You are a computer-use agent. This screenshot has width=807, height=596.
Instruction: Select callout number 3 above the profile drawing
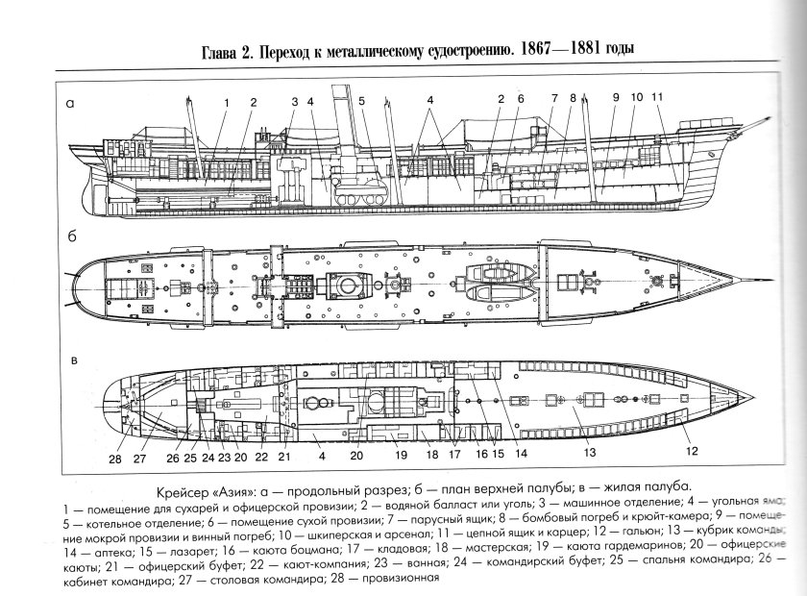(x=294, y=101)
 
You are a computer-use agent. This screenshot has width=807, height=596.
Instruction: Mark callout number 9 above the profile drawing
(x=615, y=97)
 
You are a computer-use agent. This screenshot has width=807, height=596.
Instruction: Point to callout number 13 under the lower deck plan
(x=590, y=451)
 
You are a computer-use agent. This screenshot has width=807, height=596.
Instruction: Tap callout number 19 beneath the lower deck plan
(x=401, y=454)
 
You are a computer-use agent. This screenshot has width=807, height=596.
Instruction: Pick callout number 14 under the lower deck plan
(x=521, y=452)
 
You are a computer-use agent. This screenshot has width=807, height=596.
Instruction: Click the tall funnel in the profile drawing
(x=339, y=125)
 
